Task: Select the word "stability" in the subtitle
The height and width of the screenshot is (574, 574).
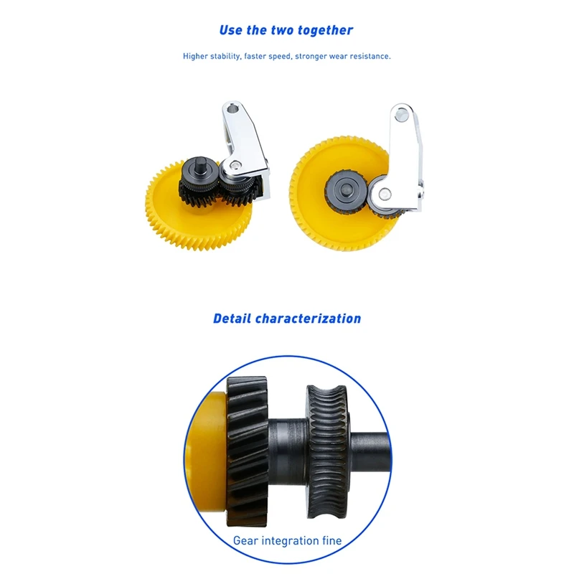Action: coord(225,57)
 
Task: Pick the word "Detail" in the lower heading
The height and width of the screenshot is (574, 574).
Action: coord(232,319)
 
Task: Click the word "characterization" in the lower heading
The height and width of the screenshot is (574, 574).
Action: coord(308,319)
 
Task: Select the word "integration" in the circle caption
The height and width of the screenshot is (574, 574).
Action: coord(290,541)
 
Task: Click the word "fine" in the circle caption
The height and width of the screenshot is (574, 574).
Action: coord(332,541)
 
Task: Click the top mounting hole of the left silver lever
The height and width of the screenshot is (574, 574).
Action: coord(232,109)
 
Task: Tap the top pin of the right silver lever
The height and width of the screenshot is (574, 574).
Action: coord(402,116)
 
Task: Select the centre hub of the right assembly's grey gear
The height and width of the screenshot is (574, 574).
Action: coord(344,189)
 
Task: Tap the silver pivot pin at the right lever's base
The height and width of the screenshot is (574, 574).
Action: coord(384,194)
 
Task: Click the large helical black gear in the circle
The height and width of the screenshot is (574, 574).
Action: coord(248,451)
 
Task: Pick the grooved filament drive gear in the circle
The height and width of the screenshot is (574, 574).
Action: coord(327,452)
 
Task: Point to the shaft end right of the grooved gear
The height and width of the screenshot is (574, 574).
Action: coord(370,452)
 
